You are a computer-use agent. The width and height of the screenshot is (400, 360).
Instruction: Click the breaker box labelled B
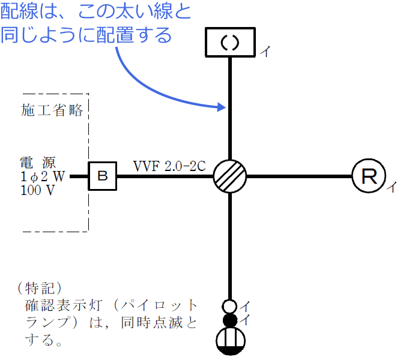coord(102,176)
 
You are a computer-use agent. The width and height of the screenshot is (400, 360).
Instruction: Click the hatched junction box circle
coord(230,176)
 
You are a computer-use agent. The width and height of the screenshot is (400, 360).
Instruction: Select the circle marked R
coord(368,176)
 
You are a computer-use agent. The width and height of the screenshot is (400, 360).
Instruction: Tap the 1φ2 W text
coord(42,176)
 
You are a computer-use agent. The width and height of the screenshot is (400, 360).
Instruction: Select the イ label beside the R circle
coord(390,188)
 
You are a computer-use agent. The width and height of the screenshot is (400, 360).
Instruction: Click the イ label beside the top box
coord(265,52)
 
